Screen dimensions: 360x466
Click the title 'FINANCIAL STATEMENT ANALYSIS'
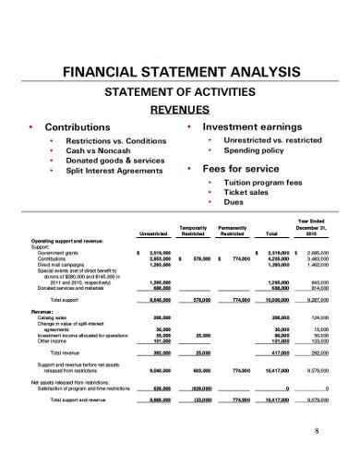(x=181, y=72)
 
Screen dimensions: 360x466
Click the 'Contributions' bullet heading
(x=78, y=126)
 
